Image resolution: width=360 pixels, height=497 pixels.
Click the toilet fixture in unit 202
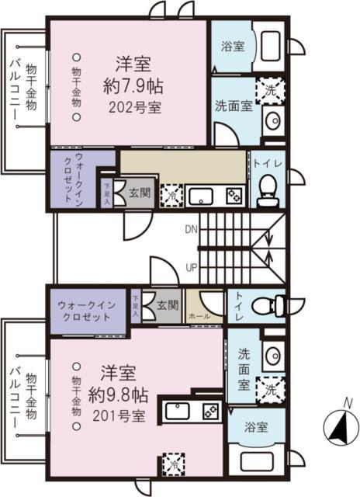click(268, 189)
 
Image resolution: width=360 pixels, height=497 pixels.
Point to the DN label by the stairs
click(191, 229)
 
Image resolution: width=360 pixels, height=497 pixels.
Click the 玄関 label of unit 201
click(166, 304)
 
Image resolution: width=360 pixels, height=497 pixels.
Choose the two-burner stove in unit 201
click(209, 409)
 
